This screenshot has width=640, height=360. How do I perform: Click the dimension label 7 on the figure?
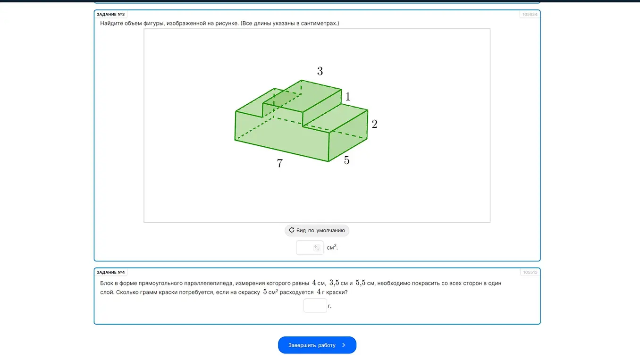click(280, 163)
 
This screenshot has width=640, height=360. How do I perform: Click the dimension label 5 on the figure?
click(346, 160)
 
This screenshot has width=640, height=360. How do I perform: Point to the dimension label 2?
click(375, 124)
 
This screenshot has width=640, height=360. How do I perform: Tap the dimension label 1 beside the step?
click(348, 97)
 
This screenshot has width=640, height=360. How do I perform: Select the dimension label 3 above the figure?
click(320, 71)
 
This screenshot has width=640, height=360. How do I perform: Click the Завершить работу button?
click(317, 345)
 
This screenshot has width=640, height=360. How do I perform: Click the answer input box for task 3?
click(310, 247)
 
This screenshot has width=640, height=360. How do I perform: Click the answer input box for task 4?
click(315, 305)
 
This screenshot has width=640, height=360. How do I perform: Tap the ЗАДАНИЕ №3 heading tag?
click(110, 14)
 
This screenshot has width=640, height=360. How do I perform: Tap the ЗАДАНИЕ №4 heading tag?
click(110, 272)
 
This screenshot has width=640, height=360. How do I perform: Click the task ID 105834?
click(530, 14)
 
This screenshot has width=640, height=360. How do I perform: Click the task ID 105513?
click(531, 272)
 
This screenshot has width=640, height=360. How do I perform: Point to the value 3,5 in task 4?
click(334, 283)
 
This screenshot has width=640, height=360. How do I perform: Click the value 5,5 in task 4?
click(361, 283)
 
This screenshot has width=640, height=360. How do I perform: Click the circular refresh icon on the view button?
click(291, 230)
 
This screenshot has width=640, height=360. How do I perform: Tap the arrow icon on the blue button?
click(344, 345)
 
